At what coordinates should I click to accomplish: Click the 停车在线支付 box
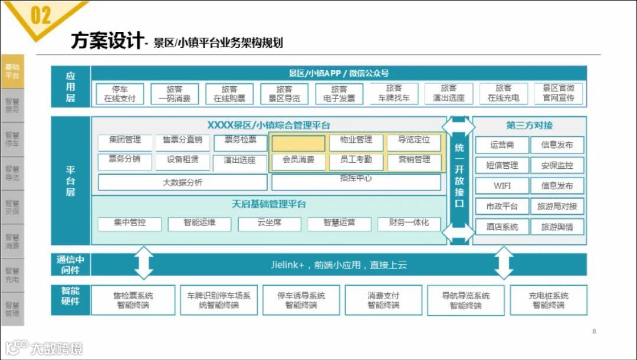120,94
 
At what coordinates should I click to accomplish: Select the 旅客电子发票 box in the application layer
339,94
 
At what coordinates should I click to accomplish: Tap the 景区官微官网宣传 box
558,94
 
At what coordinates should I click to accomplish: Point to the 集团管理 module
125,140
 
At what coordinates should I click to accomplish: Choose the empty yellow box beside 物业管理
298,143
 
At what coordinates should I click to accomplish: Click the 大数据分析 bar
182,182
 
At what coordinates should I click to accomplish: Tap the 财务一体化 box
409,223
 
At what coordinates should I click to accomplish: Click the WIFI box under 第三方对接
502,186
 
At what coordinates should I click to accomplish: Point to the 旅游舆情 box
557,227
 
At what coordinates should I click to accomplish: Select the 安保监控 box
557,166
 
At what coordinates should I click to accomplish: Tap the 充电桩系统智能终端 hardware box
549,300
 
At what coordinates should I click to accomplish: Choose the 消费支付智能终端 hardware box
383,300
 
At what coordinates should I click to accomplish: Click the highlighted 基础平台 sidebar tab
12,71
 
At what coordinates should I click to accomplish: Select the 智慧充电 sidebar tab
12,276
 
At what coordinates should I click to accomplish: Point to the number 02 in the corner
40,16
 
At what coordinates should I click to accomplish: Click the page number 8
594,332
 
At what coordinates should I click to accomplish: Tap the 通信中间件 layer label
70,265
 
